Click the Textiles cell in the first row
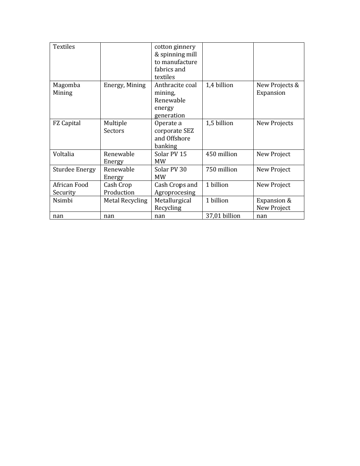pos(64,47)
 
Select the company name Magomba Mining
pos(66,89)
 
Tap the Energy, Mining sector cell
pos(124,85)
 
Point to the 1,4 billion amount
pos(219,85)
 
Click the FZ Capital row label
pos(67,123)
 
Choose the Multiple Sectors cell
pos(115,127)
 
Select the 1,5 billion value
pos(219,123)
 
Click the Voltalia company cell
pos(63,154)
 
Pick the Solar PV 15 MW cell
pos(170,157)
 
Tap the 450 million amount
pos(221,154)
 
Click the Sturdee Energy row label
pos(74,169)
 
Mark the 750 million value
pos(221,169)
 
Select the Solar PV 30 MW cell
pos(170,173)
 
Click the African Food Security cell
pos(70,188)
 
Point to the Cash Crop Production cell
pos(119,188)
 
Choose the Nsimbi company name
pos(63,200)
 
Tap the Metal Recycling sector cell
pos(125,200)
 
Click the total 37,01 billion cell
pos(223,216)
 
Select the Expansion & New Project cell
pos(274,204)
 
